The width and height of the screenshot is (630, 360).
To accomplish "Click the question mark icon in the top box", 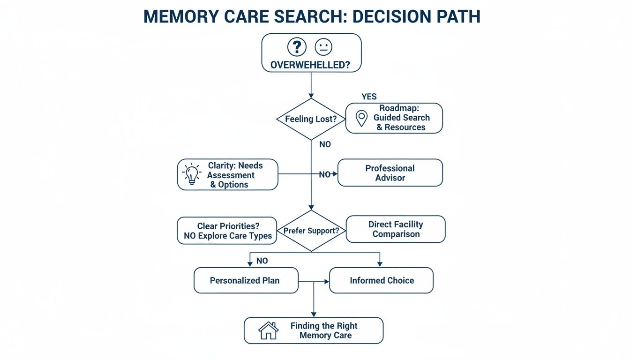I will (x=297, y=47).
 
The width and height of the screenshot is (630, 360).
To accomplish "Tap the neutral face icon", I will (x=323, y=47).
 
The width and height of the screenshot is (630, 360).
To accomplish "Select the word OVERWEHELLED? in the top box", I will (x=310, y=65).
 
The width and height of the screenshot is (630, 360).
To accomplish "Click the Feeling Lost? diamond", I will (x=311, y=119).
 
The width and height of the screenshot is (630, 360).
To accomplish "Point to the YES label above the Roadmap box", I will (x=369, y=97).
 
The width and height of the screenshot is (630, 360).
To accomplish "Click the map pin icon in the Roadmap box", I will (x=361, y=118).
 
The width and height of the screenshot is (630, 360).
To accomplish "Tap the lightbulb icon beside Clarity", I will (x=191, y=174).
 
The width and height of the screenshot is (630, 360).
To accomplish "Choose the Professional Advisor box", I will (x=390, y=172).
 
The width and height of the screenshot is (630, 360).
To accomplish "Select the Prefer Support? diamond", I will (x=311, y=231).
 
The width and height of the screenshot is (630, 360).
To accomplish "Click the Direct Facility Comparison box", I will (x=396, y=229).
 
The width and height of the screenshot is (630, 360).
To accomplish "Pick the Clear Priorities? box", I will (x=228, y=231).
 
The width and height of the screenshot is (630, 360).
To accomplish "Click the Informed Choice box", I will (x=382, y=280).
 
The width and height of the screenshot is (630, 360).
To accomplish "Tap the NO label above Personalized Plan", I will (x=262, y=261).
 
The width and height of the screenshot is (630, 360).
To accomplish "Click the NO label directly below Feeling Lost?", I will (x=325, y=144).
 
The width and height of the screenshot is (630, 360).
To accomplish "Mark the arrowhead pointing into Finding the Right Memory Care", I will (x=314, y=314).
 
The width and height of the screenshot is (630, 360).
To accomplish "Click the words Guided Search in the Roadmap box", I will (x=402, y=118).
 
